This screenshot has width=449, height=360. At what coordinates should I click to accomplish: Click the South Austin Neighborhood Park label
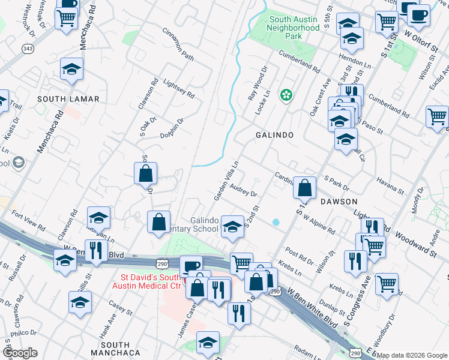pos(293,28)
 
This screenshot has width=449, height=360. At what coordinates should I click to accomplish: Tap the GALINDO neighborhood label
pos(274,136)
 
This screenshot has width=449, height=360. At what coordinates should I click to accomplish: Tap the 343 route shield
pos(28,48)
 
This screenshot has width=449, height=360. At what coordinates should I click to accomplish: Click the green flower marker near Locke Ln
pos(286,95)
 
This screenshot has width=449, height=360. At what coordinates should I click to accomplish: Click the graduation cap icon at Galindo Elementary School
pos(232,226)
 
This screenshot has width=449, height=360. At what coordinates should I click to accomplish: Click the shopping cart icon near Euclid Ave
pos(438,116)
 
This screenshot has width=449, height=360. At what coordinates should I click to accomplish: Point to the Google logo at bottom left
pos(20,353)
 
